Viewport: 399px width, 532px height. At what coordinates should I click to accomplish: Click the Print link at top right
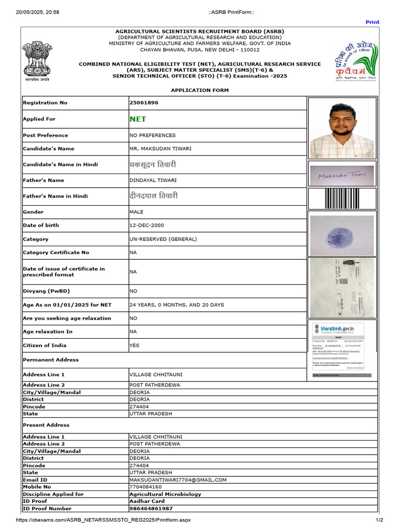tap(373, 22)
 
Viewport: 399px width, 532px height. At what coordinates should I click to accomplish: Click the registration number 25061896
tap(144, 103)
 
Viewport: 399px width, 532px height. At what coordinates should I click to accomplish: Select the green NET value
tap(138, 119)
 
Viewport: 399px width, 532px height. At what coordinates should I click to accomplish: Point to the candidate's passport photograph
tap(341, 128)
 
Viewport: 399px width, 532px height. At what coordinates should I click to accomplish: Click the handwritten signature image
tap(341, 176)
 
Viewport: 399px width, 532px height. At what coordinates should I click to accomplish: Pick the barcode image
tap(341, 198)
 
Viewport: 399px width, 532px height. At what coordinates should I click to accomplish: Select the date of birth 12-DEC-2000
tap(146, 225)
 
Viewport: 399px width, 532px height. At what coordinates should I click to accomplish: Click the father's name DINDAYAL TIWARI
tap(153, 180)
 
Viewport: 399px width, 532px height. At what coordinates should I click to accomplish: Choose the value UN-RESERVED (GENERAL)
tap(163, 240)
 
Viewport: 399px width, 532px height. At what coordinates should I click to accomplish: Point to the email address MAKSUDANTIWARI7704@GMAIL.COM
tap(178, 480)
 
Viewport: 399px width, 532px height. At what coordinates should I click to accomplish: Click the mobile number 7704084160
tap(147, 487)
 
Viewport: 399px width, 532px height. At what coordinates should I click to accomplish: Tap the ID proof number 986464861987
tap(151, 509)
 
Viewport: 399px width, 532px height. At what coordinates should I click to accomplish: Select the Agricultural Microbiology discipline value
tap(165, 495)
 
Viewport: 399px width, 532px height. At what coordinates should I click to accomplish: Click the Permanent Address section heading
tap(51, 360)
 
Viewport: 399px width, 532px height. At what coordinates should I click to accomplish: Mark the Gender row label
tap(33, 212)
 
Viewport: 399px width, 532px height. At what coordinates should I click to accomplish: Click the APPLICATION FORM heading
tap(199, 90)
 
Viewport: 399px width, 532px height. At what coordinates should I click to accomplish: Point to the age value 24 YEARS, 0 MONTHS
tap(177, 305)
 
